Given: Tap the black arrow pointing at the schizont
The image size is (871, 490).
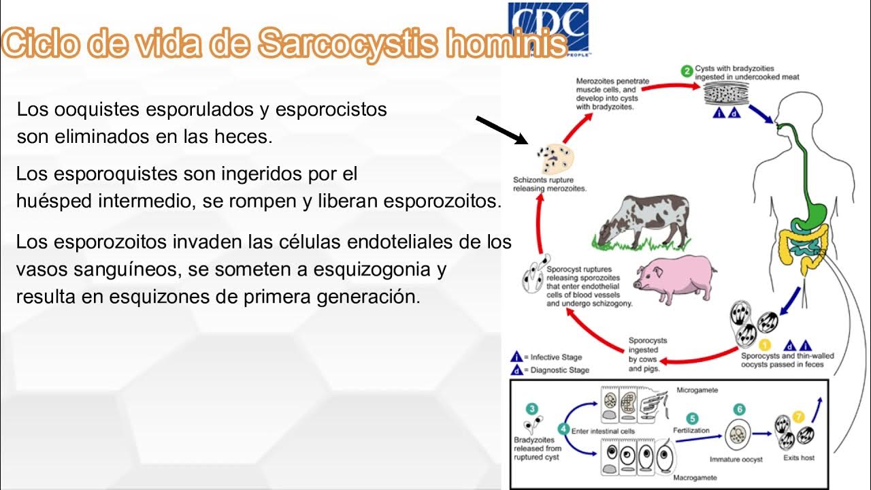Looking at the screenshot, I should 502,130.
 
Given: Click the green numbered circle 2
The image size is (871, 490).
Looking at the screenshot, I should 687,71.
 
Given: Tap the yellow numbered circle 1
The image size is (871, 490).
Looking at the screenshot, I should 764,345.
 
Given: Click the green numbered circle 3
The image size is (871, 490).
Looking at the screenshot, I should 532,409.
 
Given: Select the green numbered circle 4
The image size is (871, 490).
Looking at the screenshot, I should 563,429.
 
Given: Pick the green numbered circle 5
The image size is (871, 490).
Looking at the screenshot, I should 692,419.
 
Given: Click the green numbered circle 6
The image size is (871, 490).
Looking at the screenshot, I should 739,410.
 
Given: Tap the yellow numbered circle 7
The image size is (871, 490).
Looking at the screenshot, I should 799,416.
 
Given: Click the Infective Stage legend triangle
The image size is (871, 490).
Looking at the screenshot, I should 516,357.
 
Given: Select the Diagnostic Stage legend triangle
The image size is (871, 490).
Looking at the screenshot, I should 516,370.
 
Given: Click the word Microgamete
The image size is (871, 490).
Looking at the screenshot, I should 697,391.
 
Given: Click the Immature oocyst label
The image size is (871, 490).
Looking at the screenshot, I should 736,459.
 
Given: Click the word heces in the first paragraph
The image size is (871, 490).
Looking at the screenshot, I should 245,137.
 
